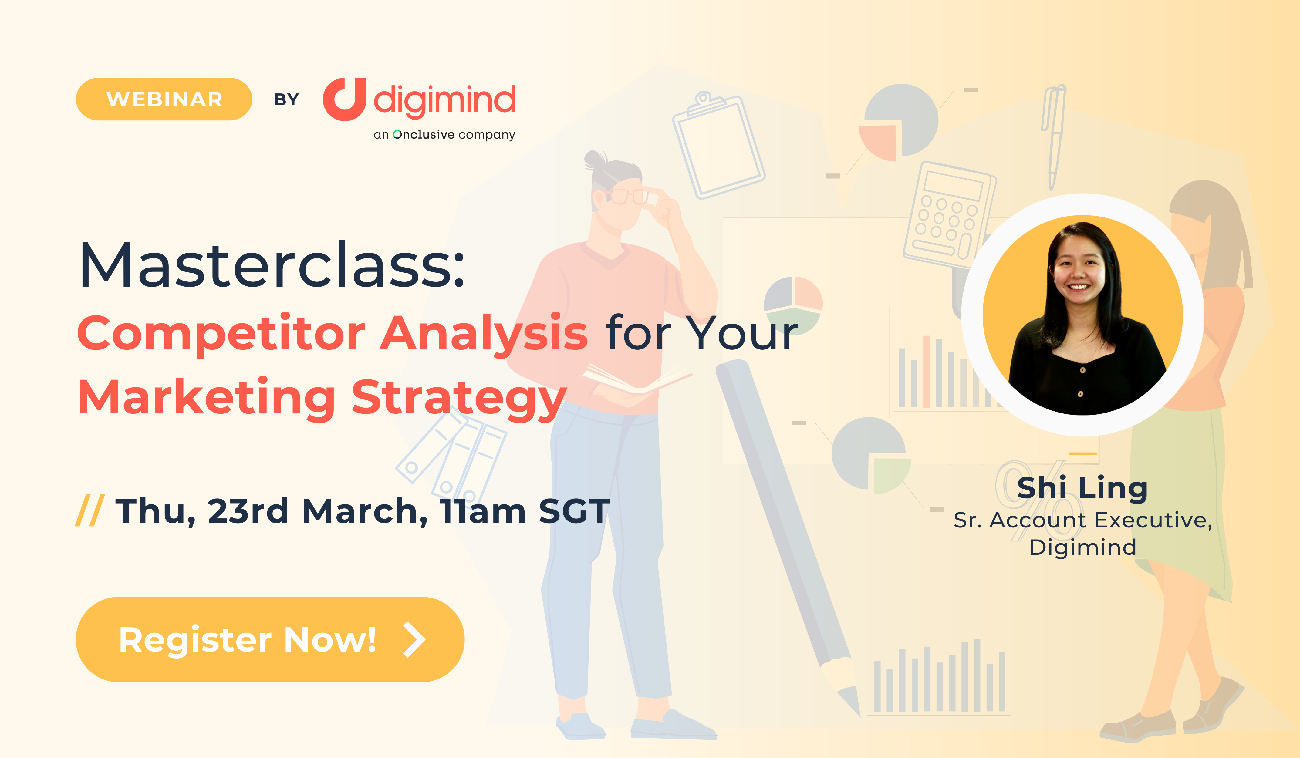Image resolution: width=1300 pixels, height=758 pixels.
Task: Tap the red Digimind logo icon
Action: [x=345, y=99]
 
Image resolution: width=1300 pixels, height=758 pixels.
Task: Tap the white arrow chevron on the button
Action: [x=414, y=639]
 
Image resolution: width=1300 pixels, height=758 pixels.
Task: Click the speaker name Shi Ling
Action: [x=1082, y=488]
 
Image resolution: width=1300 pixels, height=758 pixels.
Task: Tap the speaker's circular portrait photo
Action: [x=1082, y=315]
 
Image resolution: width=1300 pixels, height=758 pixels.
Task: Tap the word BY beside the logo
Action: [x=286, y=99]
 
